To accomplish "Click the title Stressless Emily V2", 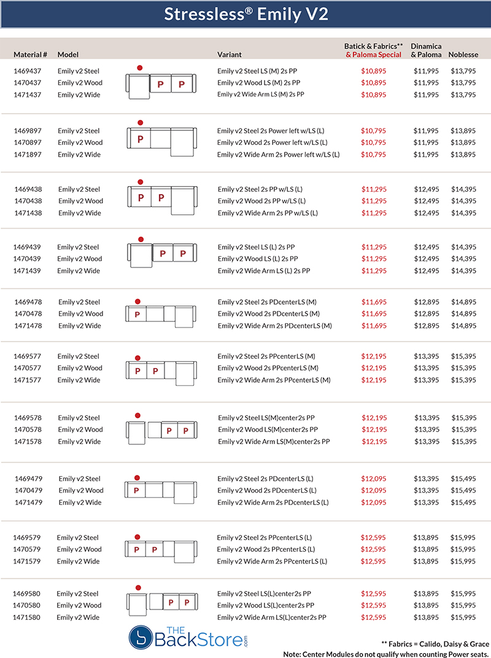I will click(x=245, y=15).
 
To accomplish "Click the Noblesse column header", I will click(x=463, y=55).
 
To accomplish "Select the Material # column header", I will click(x=31, y=55).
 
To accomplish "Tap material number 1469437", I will click(x=28, y=71).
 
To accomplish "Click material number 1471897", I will click(x=28, y=155).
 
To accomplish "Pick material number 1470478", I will click(x=28, y=314).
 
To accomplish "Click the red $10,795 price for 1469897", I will click(x=374, y=131).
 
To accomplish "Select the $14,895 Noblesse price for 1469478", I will click(x=463, y=302).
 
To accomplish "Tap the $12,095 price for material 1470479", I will click(x=374, y=491).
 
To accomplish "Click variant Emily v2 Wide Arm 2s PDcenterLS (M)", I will click(x=274, y=326).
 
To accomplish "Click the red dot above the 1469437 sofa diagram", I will click(x=140, y=68).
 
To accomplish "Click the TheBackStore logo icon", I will click(x=140, y=638).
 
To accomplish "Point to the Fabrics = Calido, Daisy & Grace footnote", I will click(x=435, y=643).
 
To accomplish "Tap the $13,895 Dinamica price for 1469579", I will click(x=426, y=538).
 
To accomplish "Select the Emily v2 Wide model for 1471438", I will click(x=80, y=213).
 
